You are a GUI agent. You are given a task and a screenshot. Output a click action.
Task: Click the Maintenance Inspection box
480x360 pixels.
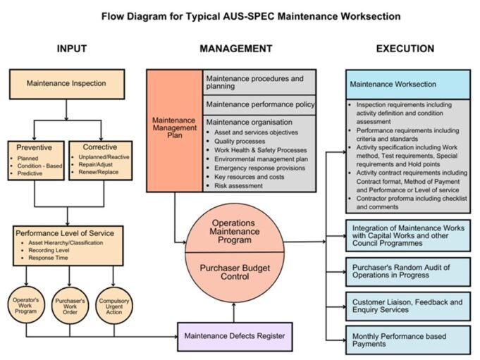point(66,83)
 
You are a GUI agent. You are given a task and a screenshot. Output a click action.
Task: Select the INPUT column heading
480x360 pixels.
point(71,49)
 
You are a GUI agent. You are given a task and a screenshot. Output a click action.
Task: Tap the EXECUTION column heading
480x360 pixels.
point(405,49)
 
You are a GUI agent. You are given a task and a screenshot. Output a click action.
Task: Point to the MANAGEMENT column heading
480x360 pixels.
point(235,49)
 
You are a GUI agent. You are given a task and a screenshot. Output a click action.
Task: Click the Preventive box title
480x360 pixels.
point(35,147)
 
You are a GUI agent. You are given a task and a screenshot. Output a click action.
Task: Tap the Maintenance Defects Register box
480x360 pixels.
point(234,336)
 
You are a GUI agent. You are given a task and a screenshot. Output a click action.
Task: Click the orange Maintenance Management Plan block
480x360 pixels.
point(174,130)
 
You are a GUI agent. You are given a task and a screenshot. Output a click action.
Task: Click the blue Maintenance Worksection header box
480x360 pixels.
point(407,84)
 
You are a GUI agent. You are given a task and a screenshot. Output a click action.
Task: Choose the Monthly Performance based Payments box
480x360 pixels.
point(407,340)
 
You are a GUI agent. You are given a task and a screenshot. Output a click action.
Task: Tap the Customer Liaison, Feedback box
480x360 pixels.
point(407,305)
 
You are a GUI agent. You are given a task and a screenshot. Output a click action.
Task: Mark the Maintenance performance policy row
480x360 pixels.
point(259,104)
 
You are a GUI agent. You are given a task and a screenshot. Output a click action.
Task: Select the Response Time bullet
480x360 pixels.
point(49,259)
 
